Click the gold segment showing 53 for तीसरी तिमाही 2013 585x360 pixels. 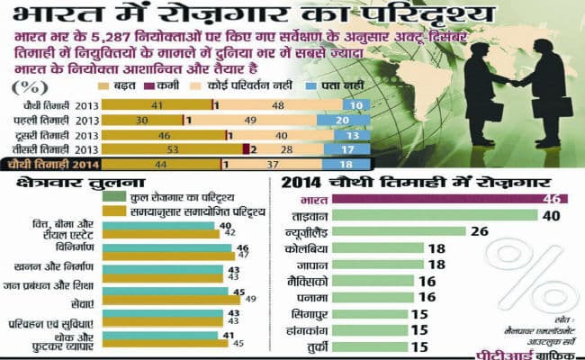pos(171,148)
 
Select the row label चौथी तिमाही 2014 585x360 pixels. pos(50,165)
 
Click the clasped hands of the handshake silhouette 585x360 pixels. pos(519,82)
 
